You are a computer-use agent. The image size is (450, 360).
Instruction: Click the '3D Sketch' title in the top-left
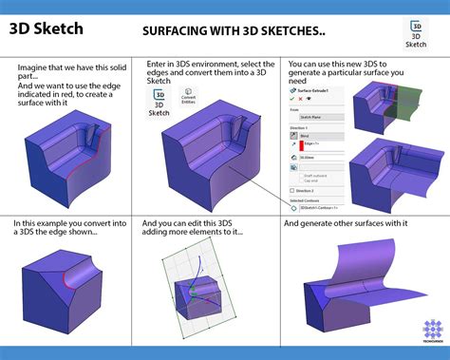(47, 28)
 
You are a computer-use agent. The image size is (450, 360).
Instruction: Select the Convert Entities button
(189, 99)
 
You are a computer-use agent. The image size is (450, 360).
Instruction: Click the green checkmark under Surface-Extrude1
(291, 98)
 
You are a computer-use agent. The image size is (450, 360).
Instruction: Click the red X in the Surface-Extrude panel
(300, 98)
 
